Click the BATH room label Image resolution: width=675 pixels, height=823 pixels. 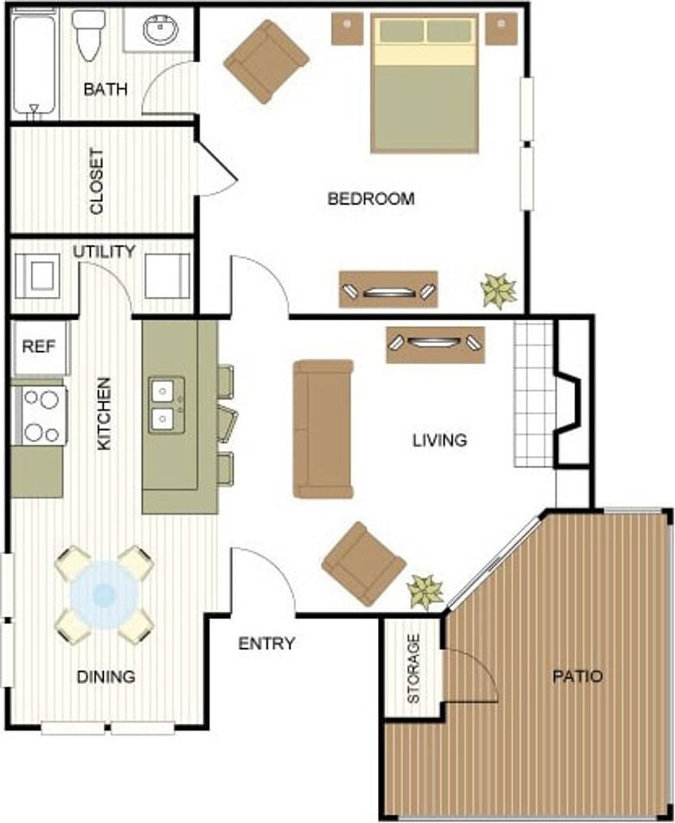[105, 89]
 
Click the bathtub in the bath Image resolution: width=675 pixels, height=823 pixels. [35, 64]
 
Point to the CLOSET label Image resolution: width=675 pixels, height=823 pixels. [96, 182]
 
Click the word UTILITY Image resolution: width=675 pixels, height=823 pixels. [104, 251]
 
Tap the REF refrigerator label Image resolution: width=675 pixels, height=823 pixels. [39, 347]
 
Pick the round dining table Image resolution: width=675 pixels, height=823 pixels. [104, 595]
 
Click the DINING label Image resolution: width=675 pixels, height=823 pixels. [106, 676]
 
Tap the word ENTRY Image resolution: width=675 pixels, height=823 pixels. [267, 643]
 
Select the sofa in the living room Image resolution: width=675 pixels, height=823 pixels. [323, 429]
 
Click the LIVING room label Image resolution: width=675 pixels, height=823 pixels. [440, 440]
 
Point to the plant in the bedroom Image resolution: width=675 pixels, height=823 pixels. [498, 291]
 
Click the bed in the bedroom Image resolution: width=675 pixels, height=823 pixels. [424, 84]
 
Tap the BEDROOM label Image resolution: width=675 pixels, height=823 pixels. [371, 199]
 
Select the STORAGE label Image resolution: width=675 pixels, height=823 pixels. [413, 668]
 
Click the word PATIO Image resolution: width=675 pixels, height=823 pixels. [578, 676]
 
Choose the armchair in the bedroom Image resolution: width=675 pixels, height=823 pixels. [266, 62]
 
